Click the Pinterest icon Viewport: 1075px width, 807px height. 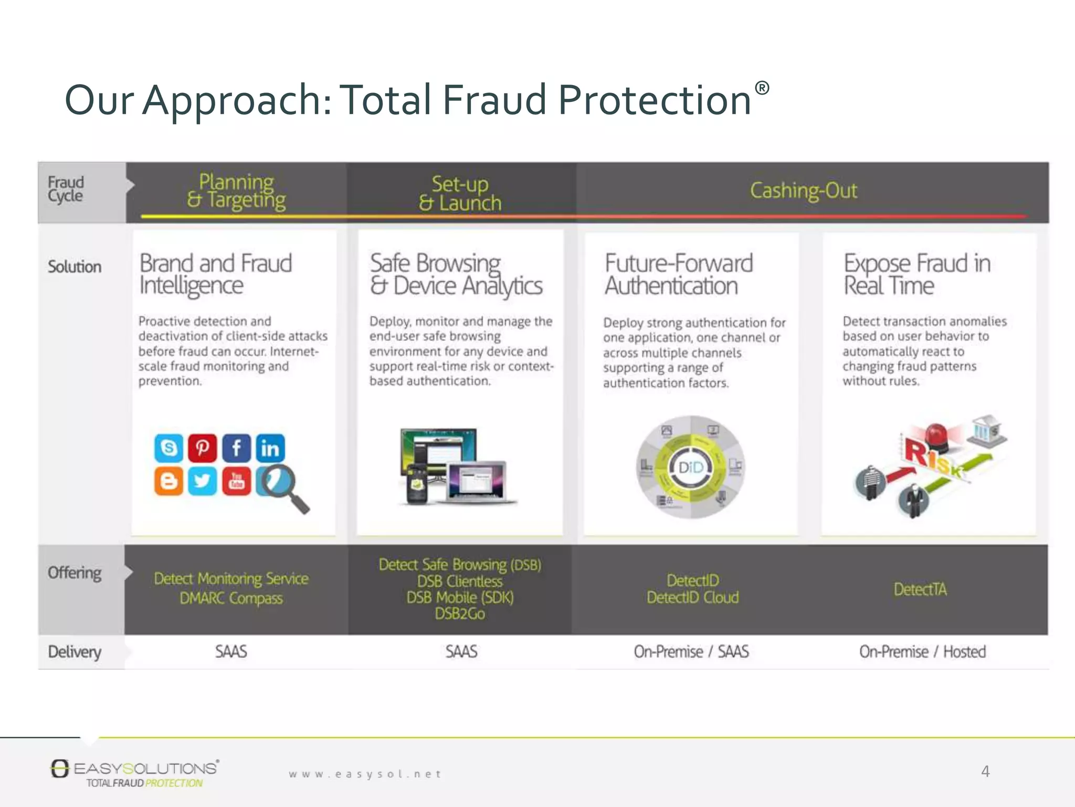click(202, 448)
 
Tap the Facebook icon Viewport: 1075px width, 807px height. click(236, 448)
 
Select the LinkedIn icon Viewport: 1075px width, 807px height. click(270, 448)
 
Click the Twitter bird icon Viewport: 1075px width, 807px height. click(202, 481)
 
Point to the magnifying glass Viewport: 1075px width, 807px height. click(283, 486)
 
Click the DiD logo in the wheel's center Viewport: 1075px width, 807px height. click(691, 467)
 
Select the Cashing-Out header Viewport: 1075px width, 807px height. click(803, 191)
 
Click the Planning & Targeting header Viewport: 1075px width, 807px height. click(236, 191)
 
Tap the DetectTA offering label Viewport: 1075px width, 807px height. click(920, 589)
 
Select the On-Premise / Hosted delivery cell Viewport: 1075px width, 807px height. click(922, 652)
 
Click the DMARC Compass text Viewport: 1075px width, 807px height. click(231, 598)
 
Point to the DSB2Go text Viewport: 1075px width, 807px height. click(460, 614)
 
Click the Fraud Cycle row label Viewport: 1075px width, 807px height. click(66, 189)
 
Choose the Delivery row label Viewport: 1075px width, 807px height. click(75, 652)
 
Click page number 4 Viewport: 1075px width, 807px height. click(985, 771)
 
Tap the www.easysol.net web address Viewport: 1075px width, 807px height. click(365, 774)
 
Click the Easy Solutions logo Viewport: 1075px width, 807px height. click(134, 772)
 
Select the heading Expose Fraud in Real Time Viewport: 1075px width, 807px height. click(916, 274)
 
